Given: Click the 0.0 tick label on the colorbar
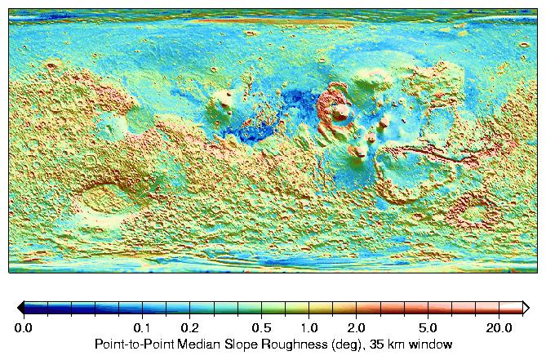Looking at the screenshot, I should coord(24,327).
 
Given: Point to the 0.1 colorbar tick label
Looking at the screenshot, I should coord(142,327).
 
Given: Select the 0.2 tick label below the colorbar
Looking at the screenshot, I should coord(190,327).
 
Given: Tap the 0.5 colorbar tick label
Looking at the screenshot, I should coord(261,327).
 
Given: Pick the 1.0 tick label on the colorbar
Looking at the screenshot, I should coord(309,327).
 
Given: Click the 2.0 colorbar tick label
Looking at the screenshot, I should coord(357,327).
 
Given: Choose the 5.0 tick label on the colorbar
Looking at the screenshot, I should coord(428,327).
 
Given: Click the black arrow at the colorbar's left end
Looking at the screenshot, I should coord(20,307).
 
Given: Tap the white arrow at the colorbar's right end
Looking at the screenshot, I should coord(526,307).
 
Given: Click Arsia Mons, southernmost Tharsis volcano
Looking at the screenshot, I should coord(359,151).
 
